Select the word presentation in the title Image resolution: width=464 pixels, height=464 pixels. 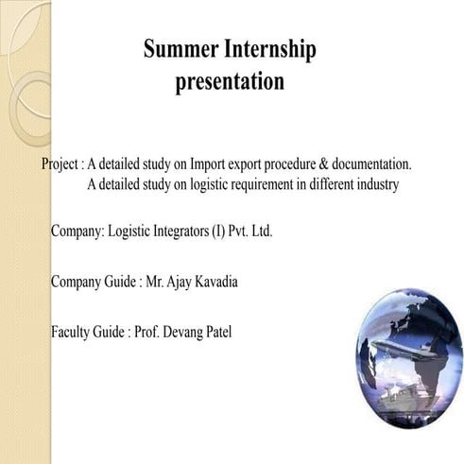[x=230, y=82]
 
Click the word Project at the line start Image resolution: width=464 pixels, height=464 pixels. [x=61, y=163]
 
